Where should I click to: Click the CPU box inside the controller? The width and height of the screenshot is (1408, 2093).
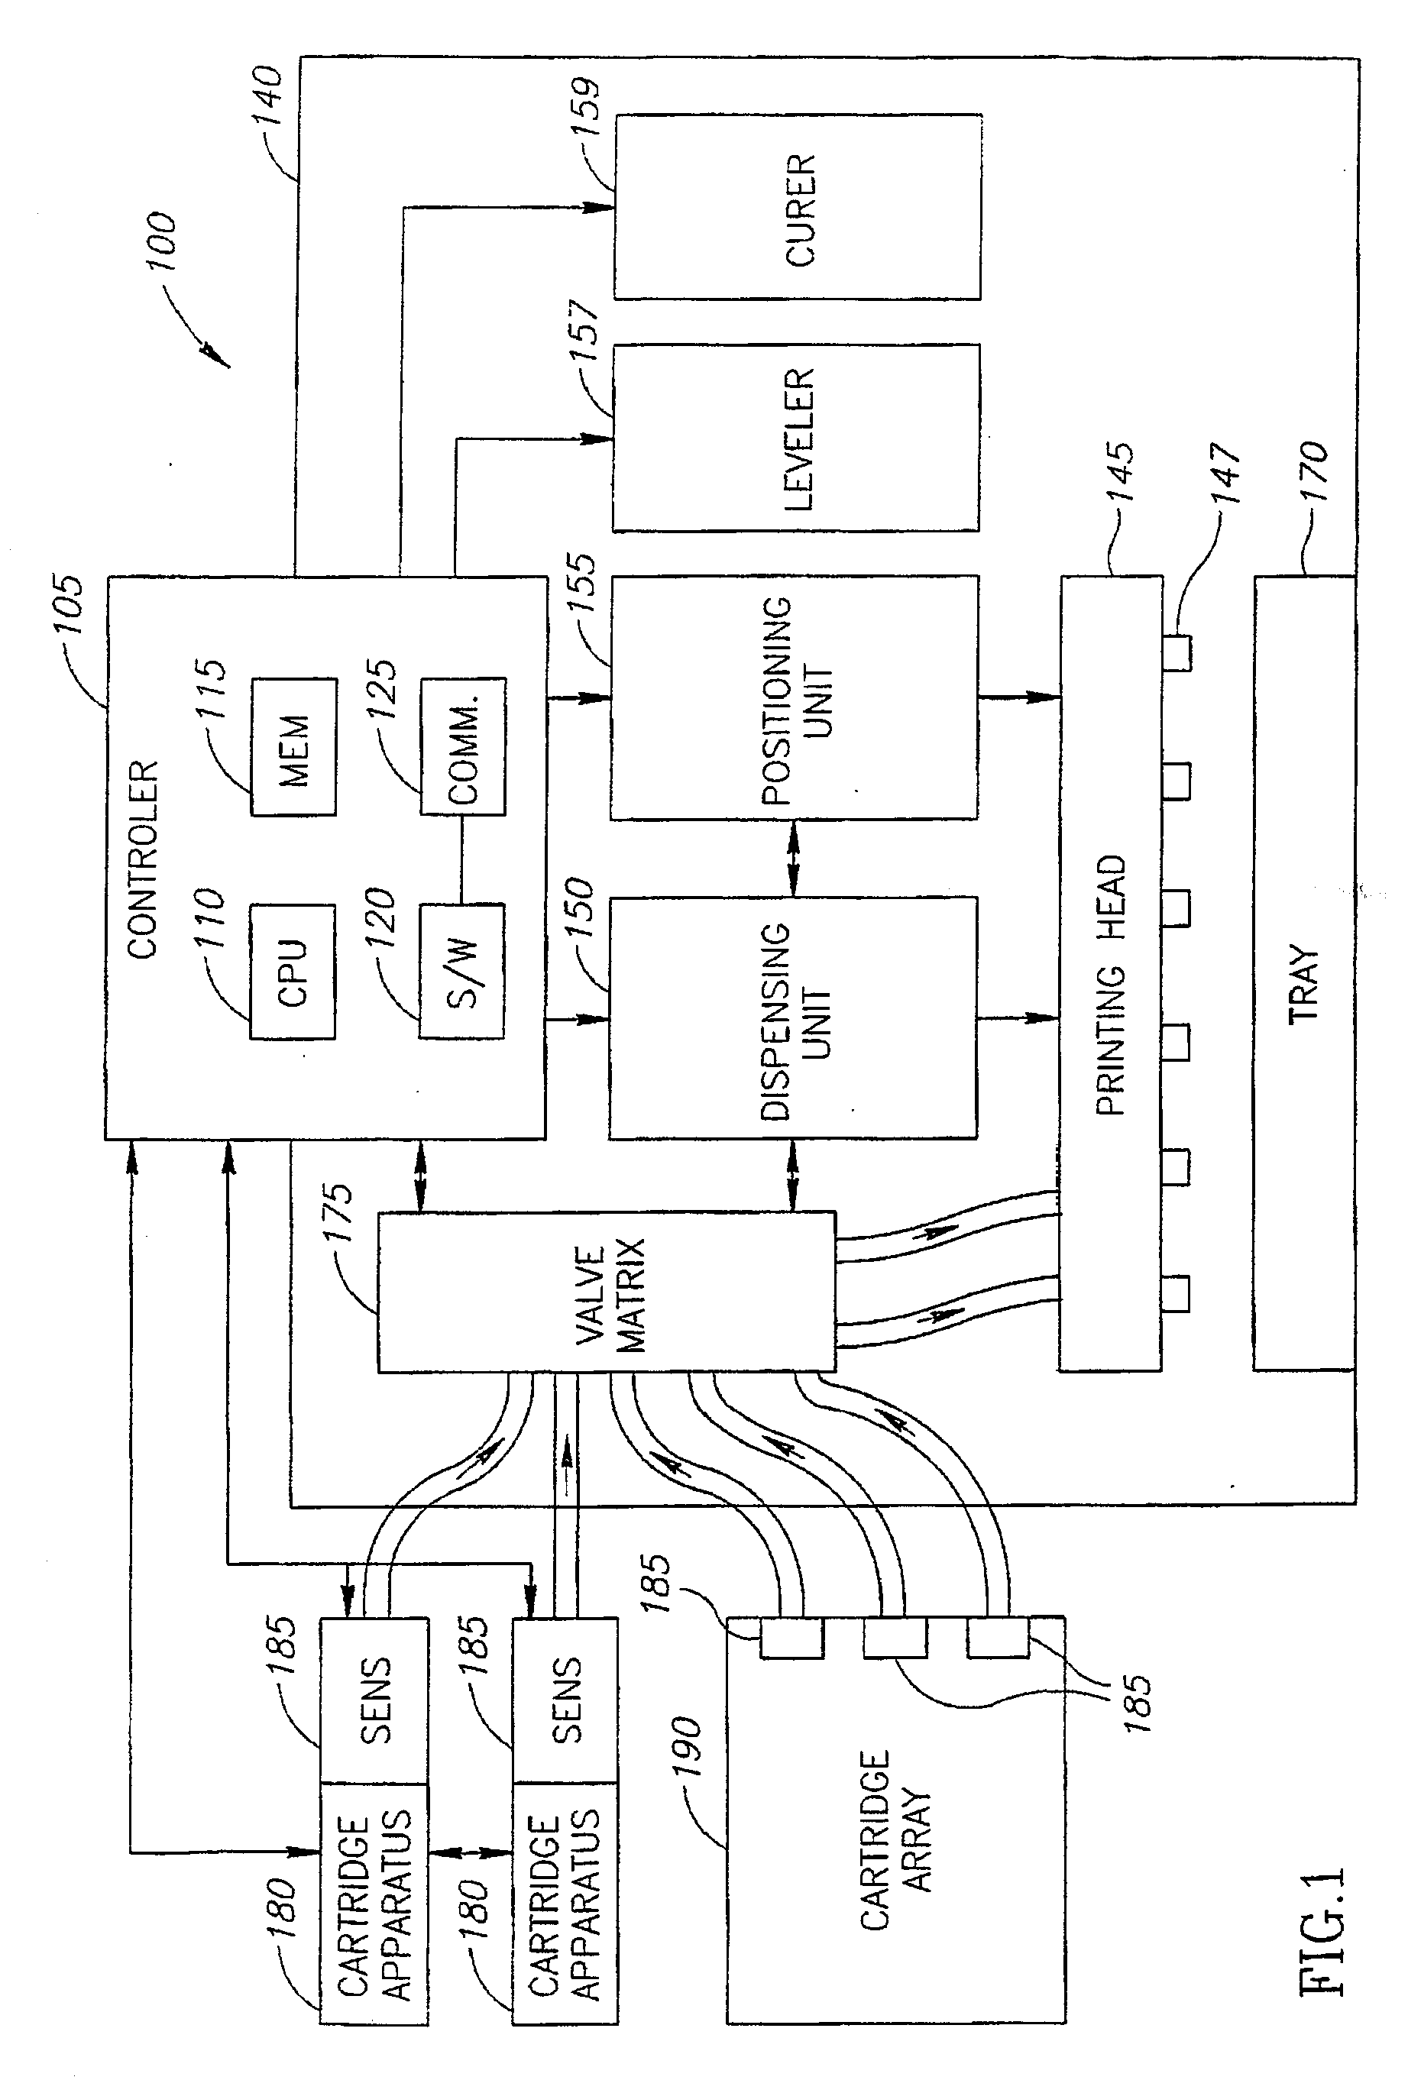pyautogui.click(x=292, y=972)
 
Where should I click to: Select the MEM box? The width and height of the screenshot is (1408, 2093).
pyautogui.click(x=293, y=748)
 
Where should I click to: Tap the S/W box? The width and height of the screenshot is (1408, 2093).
pyautogui.click(x=462, y=972)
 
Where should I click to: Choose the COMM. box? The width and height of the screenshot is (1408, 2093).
pyautogui.click(x=463, y=748)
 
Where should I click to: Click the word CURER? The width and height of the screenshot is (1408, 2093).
pyautogui.click(x=800, y=210)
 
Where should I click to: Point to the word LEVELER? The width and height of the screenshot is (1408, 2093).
pyautogui.click(x=798, y=439)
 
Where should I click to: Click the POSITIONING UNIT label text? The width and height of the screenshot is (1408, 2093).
pyautogui.click(x=795, y=700)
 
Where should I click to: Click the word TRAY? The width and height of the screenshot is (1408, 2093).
pyautogui.click(x=1304, y=984)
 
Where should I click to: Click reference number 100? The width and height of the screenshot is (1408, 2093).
pyautogui.click(x=163, y=241)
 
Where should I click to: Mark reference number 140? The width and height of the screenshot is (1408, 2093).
pyautogui.click(x=267, y=95)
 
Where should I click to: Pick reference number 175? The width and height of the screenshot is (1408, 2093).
pyautogui.click(x=338, y=1212)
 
